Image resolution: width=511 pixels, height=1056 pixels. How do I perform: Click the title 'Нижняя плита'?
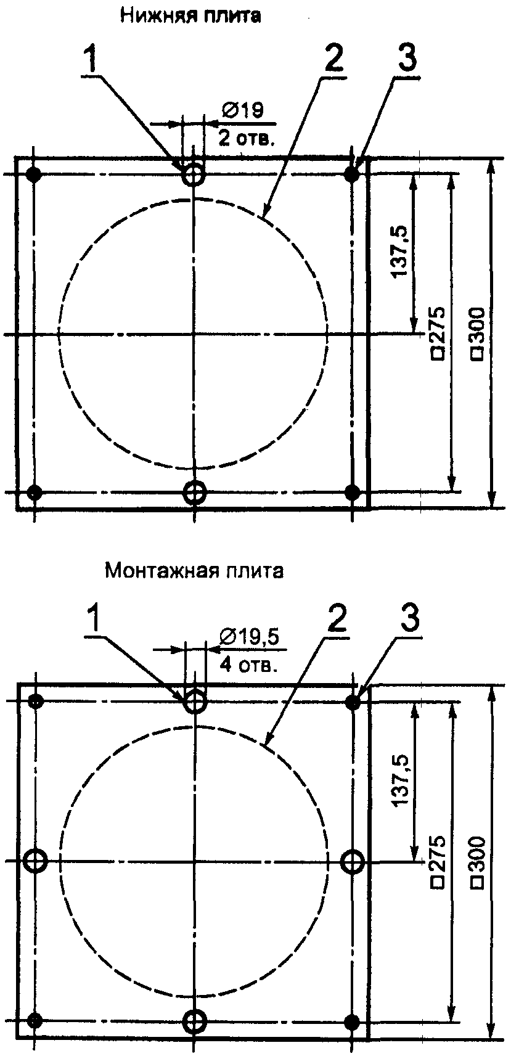pyautogui.click(x=190, y=16)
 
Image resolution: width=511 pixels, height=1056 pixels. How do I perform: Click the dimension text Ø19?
pyautogui.click(x=243, y=111)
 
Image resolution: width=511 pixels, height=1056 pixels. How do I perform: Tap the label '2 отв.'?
pyautogui.click(x=245, y=137)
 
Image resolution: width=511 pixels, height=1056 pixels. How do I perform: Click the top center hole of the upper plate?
pyautogui.click(x=194, y=174)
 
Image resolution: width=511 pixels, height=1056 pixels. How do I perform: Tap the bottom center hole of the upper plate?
pyautogui.click(x=195, y=492)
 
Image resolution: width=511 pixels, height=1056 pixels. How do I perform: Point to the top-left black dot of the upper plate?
pyautogui.click(x=35, y=174)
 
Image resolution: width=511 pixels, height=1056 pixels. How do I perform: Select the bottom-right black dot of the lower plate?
pyautogui.click(x=353, y=1020)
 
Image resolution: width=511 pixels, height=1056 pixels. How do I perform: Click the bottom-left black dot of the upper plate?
pyautogui.click(x=35, y=492)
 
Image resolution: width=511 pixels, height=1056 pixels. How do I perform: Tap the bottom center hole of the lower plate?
pyautogui.click(x=195, y=1020)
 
